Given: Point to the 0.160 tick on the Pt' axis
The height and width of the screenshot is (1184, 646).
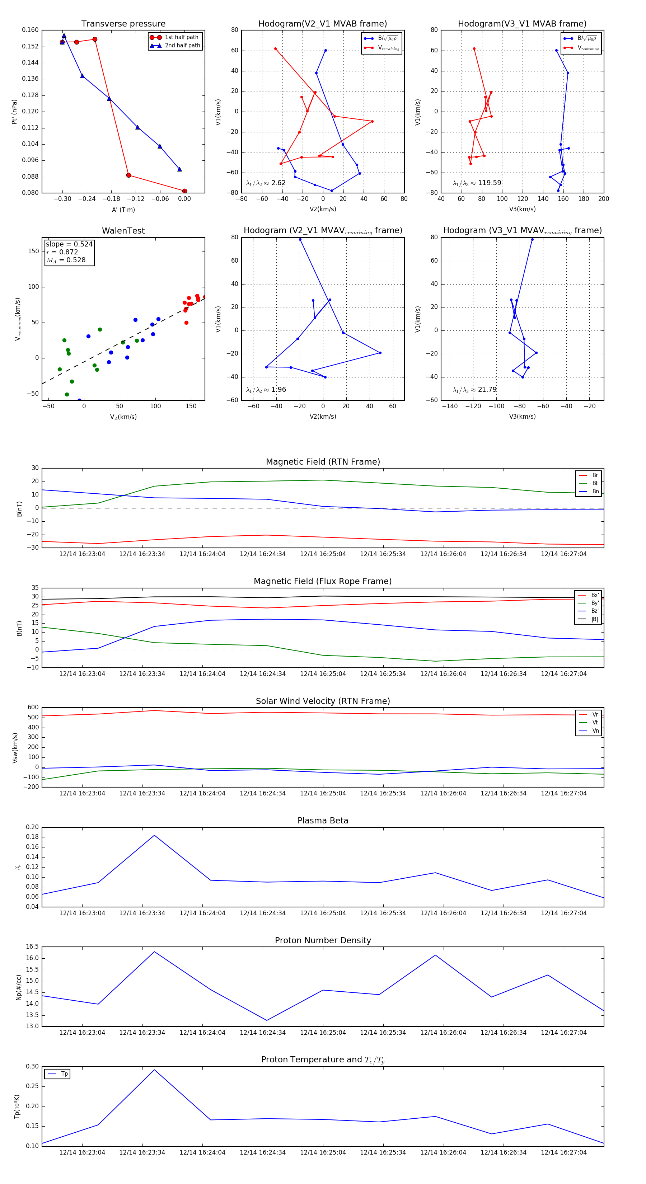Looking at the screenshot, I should coord(31,30).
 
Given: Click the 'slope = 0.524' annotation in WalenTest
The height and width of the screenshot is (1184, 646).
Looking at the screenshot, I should coord(69,244).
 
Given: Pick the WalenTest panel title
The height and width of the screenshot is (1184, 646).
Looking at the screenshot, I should coord(123,231).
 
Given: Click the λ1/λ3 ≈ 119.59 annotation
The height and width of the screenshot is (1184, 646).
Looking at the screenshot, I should coord(477,183).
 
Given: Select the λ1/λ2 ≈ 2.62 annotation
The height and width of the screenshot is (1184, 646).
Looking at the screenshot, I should coord(266,183).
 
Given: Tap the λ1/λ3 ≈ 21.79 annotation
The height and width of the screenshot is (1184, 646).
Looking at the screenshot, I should coord(474,390).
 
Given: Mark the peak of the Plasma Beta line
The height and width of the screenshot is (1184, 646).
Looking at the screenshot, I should coord(154,835).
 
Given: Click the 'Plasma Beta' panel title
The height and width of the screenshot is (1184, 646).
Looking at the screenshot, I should coord(323,821).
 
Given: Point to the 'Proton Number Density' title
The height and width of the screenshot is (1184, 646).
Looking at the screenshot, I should coord(323,940).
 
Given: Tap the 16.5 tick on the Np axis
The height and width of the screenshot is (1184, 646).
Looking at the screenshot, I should coord(32,947).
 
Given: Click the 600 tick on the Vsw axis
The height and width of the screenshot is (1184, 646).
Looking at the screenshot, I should coord(33,708).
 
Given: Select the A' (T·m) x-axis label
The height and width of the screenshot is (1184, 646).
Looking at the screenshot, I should coord(123,210).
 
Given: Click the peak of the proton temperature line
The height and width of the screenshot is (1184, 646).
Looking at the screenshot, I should coord(154,1070).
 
